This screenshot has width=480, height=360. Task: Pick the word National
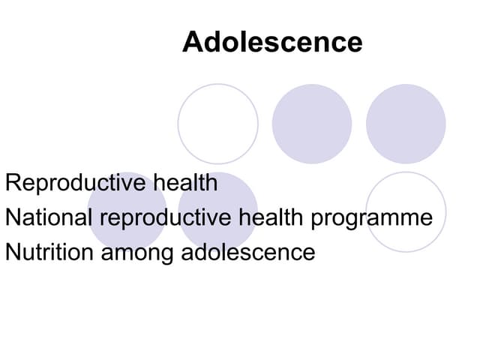click(48, 218)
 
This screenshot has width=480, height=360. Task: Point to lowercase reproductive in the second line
click(166, 219)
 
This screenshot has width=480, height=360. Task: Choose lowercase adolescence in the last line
click(248, 252)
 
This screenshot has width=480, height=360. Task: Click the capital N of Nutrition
click(11, 252)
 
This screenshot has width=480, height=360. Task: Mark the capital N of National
click(11, 218)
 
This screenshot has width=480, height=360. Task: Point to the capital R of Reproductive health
click(12, 183)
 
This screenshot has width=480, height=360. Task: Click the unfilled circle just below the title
click(217, 124)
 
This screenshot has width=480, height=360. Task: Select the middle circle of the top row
click(311, 124)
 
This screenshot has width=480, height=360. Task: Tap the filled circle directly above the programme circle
click(406, 124)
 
